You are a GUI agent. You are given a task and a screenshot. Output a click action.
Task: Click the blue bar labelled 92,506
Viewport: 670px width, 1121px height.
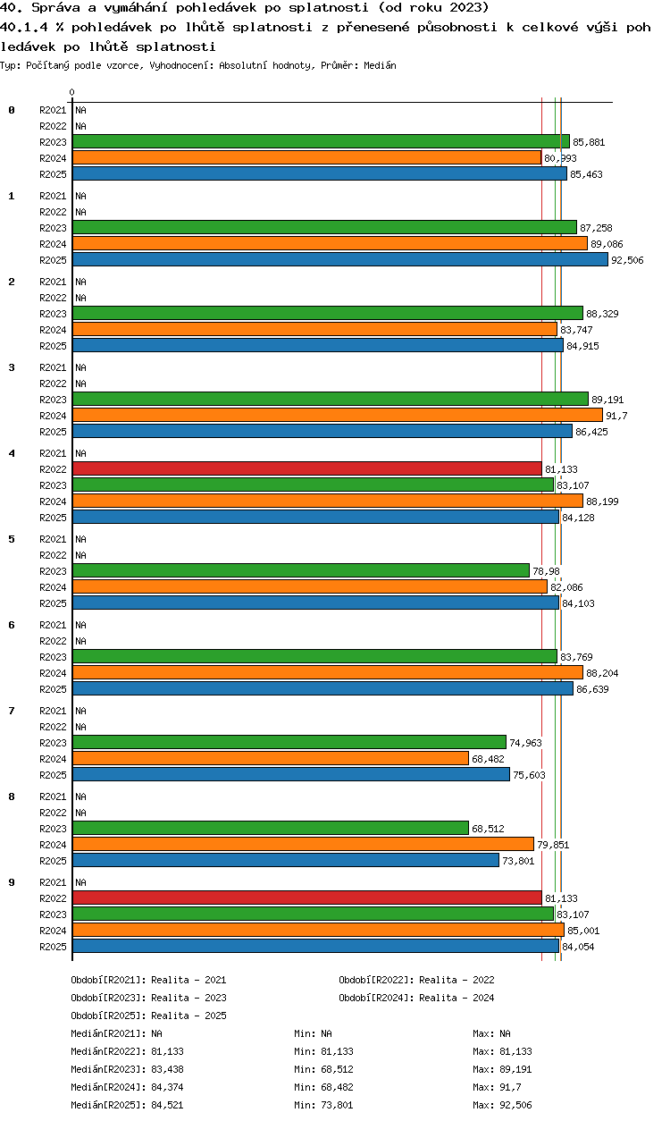[x=340, y=260]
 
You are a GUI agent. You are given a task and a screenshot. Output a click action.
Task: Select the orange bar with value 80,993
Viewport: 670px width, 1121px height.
[x=307, y=157]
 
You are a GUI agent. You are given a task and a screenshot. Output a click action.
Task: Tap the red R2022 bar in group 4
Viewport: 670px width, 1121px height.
[x=307, y=469]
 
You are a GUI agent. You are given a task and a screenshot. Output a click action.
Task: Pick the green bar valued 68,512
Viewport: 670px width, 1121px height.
[x=271, y=829]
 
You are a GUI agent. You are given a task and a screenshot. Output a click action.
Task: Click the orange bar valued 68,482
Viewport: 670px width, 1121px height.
[x=271, y=759]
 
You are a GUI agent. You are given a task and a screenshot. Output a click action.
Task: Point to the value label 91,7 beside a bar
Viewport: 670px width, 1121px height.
[x=616, y=416]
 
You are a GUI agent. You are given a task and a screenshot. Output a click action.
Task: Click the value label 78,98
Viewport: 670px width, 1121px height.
[x=546, y=571]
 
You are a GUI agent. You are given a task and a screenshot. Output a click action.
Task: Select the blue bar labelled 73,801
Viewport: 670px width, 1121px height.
[x=286, y=860]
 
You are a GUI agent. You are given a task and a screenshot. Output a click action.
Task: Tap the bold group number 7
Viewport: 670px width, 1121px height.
[x=12, y=711]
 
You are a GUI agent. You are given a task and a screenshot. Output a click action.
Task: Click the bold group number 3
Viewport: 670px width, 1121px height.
[x=12, y=367]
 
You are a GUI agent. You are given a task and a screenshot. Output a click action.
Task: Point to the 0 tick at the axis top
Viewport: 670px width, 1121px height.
[x=72, y=92]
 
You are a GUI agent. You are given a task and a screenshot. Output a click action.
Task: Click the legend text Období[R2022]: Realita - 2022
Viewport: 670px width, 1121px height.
[x=416, y=980]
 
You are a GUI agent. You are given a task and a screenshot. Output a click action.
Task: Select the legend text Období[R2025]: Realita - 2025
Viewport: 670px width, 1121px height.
[x=148, y=1016]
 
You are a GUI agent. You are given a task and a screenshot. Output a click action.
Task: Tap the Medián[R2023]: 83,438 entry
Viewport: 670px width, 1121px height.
[x=127, y=1069]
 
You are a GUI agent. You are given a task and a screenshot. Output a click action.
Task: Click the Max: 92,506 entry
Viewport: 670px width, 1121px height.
[x=502, y=1105]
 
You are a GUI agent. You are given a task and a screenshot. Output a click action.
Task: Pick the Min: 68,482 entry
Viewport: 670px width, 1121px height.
[x=323, y=1087]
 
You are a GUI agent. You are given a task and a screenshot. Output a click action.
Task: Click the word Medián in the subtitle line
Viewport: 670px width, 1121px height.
[x=380, y=65]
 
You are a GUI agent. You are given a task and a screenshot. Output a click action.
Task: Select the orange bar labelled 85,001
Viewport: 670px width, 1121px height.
[x=319, y=931]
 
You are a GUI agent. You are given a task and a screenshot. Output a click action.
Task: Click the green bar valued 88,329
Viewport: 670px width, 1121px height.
[x=328, y=313]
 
